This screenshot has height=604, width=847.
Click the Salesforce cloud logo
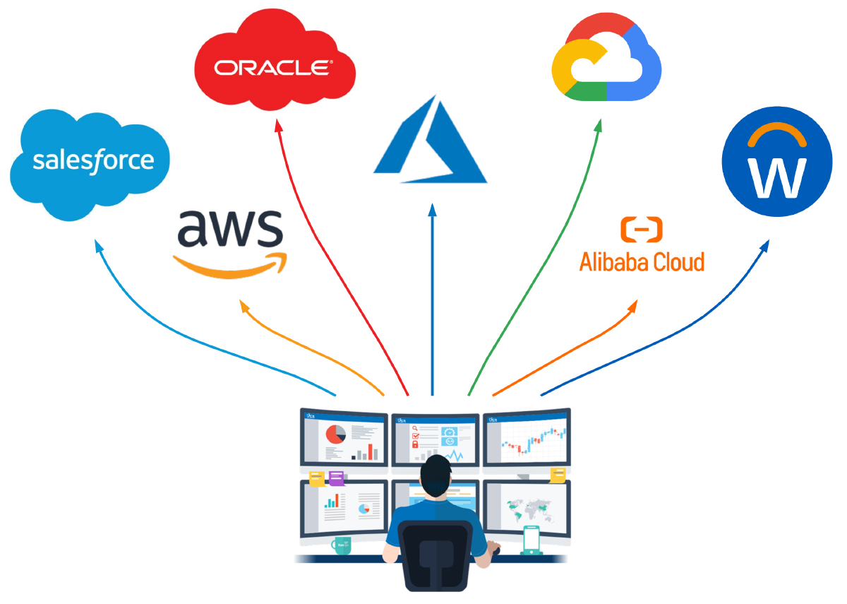pyautogui.click(x=92, y=163)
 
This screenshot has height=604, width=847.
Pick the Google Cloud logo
pyautogui.click(x=606, y=63)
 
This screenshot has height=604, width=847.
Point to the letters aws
pyautogui.click(x=229, y=227)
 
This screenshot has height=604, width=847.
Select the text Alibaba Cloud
pyautogui.click(x=642, y=262)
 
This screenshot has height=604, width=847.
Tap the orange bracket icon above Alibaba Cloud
pyautogui.click(x=642, y=230)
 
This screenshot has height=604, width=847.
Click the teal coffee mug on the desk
pyautogui.click(x=342, y=545)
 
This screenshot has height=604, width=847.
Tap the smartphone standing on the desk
pyautogui.click(x=531, y=541)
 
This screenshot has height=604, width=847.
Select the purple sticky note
pyautogui.click(x=336, y=478)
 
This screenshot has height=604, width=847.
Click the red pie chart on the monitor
pyautogui.click(x=335, y=434)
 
